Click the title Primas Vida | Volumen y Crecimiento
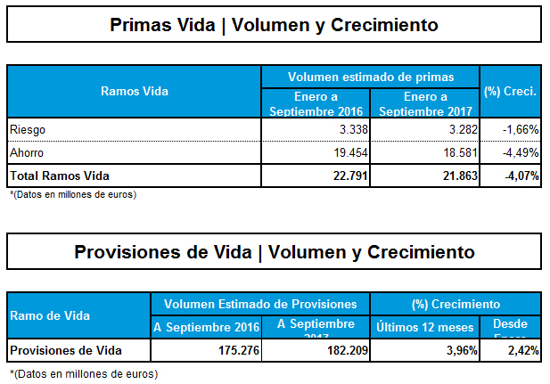[x=274, y=25]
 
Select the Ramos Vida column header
[x=135, y=91]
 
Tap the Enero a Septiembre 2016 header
[x=316, y=103]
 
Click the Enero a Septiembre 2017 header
[x=425, y=103]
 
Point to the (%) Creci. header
[x=510, y=91]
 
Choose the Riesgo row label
[x=27, y=129]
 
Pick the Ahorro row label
[x=27, y=152]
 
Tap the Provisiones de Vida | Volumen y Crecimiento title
[x=274, y=251]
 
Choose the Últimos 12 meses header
[x=424, y=327]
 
